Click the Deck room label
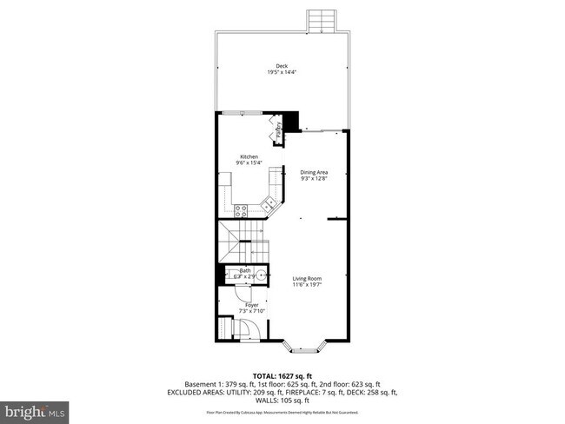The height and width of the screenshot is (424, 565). [281, 66]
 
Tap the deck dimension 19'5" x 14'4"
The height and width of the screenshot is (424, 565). [281, 74]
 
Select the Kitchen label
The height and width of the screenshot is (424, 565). [249, 156]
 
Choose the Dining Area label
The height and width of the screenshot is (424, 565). [314, 173]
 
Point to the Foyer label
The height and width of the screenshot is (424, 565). [251, 305]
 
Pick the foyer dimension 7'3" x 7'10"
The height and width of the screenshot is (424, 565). [251, 312]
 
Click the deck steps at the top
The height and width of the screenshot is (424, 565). [320, 19]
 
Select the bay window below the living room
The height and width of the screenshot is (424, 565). [309, 349]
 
